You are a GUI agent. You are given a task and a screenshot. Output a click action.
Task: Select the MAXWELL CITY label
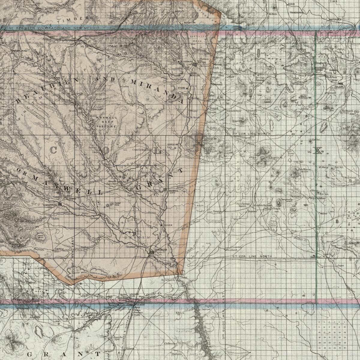pyautogui.click(x=173, y=192)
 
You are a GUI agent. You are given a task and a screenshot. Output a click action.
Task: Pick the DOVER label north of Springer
pyautogui.click(x=168, y=225)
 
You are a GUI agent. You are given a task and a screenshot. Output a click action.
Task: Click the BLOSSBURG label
pyautogui.click(x=187, y=61)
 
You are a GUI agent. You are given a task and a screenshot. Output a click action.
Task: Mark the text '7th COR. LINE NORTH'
pyautogui.click(x=251, y=133)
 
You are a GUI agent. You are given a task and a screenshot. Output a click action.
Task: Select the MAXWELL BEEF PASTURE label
pyautogui.click(x=106, y=122)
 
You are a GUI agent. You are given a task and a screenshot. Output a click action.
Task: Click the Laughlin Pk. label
pyautogui.click(x=276, y=157)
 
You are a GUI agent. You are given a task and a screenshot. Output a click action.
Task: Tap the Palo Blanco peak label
pyautogui.click(x=304, y=169)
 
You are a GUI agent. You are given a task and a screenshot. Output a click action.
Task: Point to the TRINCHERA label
pyautogui.click(x=296, y=13)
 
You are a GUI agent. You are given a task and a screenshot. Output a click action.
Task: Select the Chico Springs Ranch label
pyautogui.click(x=242, y=205)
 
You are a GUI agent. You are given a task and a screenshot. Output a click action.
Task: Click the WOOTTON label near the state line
pyautogui.click(x=190, y=22)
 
